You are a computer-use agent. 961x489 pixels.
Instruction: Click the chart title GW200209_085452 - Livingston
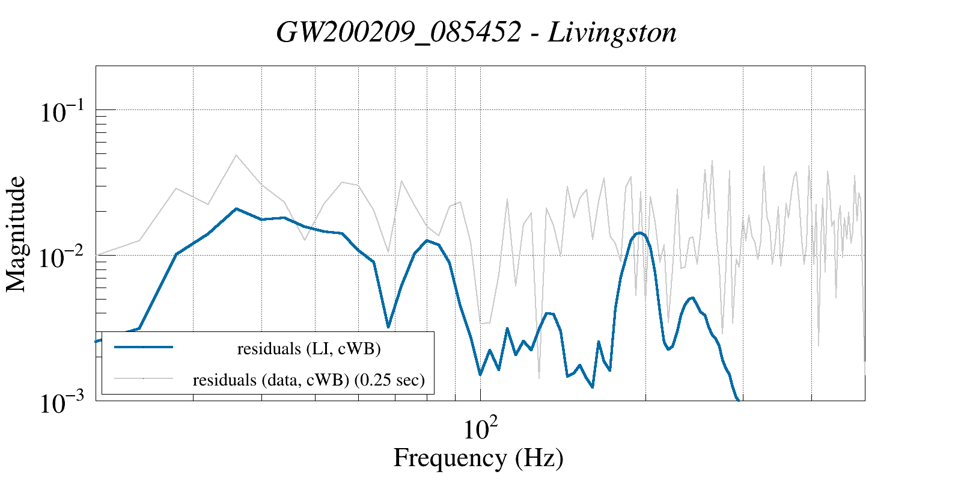pos(477,32)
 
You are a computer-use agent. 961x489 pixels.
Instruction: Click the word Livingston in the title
pos(612,32)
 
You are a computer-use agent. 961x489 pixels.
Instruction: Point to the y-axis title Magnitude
pos(17,234)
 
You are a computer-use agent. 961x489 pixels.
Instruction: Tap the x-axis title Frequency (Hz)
pos(478,458)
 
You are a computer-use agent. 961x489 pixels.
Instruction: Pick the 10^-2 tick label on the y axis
pos(63,257)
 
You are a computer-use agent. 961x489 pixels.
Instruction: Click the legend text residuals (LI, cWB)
pos(309,349)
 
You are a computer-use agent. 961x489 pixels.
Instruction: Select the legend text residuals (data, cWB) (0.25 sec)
pos(309,380)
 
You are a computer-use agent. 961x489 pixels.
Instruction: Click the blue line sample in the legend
pos(144,347)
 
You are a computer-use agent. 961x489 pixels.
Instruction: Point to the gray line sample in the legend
pos(144,378)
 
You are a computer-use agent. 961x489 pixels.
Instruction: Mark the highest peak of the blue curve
pos(236,209)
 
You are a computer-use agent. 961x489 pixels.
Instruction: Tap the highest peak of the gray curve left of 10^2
pos(236,155)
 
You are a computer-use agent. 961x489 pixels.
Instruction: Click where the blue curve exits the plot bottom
pos(738,399)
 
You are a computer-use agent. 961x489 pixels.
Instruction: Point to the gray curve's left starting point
pos(97,254)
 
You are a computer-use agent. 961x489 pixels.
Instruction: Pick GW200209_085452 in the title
pos(398,32)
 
